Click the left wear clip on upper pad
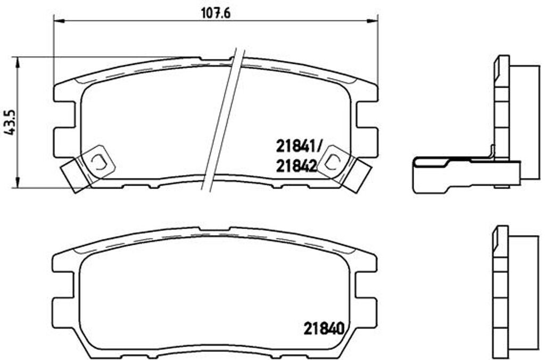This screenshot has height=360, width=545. coord(88,167)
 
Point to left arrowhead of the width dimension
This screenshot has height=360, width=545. coord(58,21)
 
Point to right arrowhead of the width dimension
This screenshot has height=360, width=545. coord(373,21)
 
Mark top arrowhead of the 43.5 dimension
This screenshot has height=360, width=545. coord(18,62)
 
